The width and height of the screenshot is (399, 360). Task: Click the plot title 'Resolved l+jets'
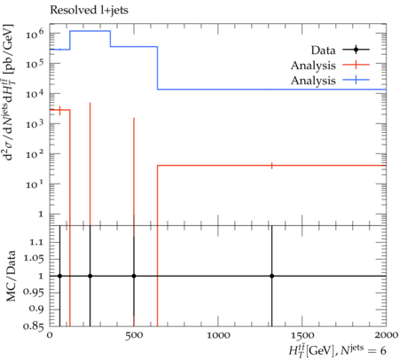click(89, 10)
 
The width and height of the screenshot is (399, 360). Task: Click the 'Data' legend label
click(323, 51)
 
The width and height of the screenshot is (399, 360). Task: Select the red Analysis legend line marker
click(356, 65)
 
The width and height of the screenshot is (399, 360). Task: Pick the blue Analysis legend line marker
click(356, 80)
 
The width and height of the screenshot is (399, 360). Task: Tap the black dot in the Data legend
click(356, 50)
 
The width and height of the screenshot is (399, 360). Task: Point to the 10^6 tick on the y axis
click(35, 34)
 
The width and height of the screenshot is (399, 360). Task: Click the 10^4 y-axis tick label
click(35, 94)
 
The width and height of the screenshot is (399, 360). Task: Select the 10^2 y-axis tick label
click(35, 154)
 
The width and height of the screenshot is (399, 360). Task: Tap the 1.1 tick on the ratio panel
click(36, 242)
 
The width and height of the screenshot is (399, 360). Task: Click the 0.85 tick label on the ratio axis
click(34, 326)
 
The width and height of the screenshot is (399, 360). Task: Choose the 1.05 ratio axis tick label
click(34, 259)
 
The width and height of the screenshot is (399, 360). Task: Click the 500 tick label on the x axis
click(134, 335)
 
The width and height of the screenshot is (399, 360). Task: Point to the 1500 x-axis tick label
click(301, 335)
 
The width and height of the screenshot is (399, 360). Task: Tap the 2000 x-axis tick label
click(386, 335)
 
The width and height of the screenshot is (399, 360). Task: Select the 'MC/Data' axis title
click(11, 276)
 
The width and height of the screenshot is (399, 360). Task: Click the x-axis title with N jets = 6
click(337, 350)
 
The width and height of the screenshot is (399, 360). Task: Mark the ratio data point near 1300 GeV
click(271, 276)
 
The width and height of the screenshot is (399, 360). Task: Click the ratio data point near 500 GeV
click(134, 276)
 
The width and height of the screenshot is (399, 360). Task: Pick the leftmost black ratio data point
click(60, 276)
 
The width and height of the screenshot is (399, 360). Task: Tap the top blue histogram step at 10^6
click(90, 31)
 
